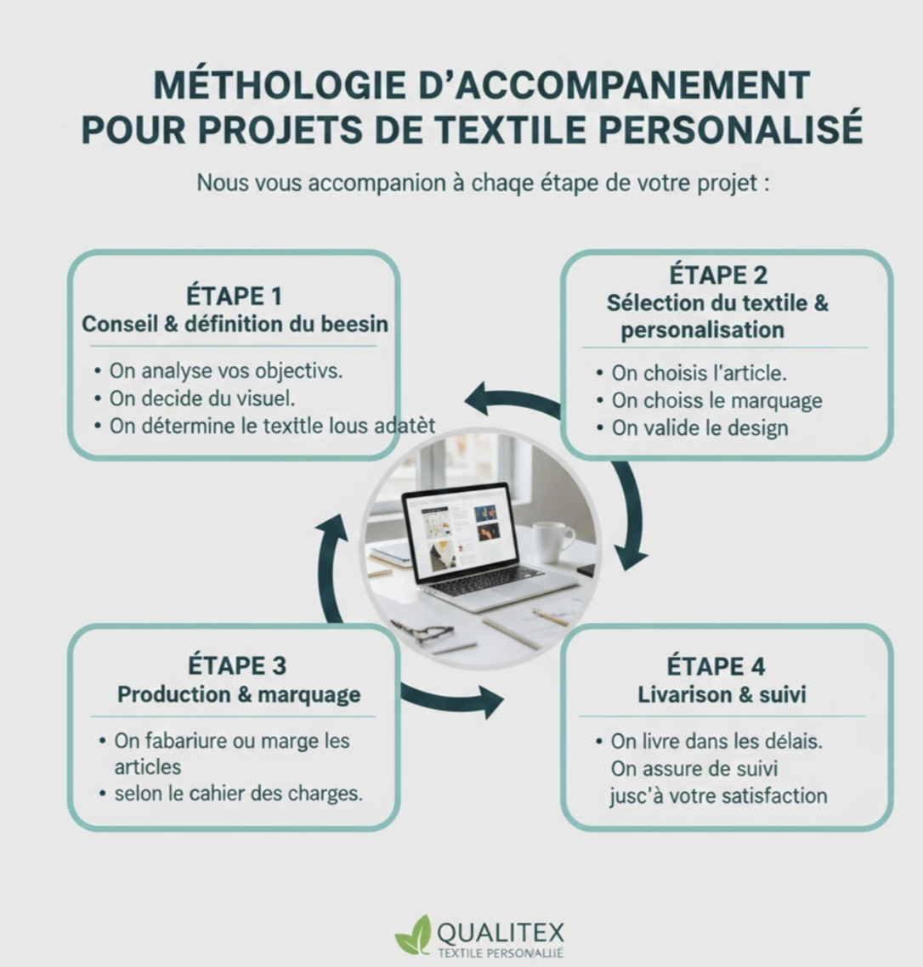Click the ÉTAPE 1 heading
click(x=235, y=296)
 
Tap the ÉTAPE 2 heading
click(x=718, y=275)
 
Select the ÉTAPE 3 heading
click(x=237, y=666)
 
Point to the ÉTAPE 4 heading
click(x=716, y=667)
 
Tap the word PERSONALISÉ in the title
click(x=730, y=129)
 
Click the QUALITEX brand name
click(x=500, y=932)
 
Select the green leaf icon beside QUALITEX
click(x=413, y=935)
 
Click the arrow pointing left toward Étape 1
click(x=512, y=402)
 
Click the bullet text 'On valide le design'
click(x=699, y=428)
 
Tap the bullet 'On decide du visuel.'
click(x=202, y=399)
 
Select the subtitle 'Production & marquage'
click(x=239, y=694)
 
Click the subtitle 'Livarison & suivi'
click(x=722, y=695)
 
